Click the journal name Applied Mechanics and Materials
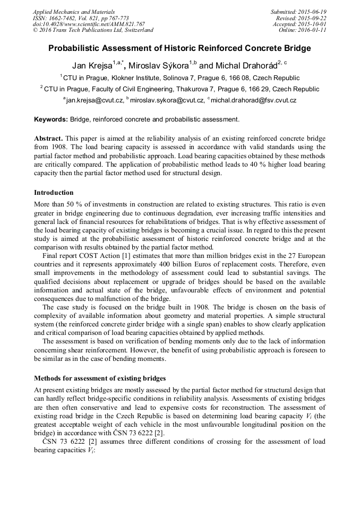73,12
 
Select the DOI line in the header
88,24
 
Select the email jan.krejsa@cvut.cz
95,100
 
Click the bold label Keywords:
50,119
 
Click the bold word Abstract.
48,137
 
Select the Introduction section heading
54,192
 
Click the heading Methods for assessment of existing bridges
100,378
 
